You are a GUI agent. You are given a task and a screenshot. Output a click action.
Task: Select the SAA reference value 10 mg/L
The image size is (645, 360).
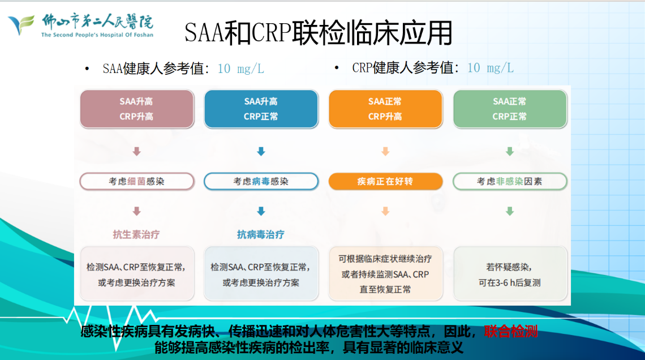(x=240, y=69)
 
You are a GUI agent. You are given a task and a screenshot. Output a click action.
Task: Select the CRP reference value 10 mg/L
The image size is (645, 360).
(x=490, y=68)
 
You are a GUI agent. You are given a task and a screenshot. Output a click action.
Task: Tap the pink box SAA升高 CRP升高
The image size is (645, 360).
(x=136, y=109)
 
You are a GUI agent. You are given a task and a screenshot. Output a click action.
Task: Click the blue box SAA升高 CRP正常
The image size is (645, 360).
(x=261, y=109)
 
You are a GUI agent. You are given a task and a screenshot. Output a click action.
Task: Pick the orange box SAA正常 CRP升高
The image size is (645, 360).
(x=385, y=109)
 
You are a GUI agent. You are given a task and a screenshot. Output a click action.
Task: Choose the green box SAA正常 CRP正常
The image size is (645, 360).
(x=510, y=109)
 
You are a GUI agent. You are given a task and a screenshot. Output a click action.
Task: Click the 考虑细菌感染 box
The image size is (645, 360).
(x=136, y=182)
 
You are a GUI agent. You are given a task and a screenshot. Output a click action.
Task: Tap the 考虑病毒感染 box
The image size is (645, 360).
(x=261, y=182)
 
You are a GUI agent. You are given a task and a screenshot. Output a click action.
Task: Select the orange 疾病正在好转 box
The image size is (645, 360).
(x=385, y=182)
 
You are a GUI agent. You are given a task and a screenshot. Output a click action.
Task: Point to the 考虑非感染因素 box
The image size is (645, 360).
(x=510, y=182)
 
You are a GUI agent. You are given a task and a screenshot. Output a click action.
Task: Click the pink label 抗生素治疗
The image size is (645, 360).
(x=136, y=234)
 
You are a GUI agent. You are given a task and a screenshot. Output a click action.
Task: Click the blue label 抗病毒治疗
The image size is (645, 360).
(x=261, y=234)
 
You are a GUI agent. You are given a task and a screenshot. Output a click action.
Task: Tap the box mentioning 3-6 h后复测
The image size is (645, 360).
(x=510, y=274)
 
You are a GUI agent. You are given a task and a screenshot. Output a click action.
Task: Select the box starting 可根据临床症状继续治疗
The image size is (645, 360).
(x=385, y=274)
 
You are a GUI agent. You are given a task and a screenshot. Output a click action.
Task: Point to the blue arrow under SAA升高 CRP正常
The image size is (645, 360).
(x=261, y=152)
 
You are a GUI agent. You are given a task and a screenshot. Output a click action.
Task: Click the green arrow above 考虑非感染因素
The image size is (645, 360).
(x=510, y=152)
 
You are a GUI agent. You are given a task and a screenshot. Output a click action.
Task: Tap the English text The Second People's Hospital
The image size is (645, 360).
(x=97, y=35)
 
